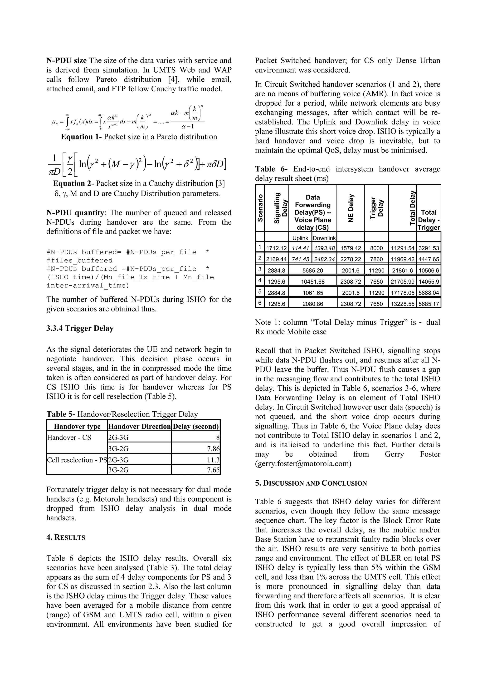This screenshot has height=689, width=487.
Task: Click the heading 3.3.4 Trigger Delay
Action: coord(80,328)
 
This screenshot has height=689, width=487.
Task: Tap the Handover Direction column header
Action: coord(139,426)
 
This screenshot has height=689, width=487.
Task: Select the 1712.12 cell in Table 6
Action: coord(277,248)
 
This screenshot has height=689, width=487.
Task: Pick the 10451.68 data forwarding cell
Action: coord(312,281)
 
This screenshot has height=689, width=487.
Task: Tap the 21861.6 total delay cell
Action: coord(402,270)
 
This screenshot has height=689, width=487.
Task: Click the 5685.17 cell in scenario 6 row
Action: coord(429,304)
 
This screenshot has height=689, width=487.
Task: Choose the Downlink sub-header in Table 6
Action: coord(324,238)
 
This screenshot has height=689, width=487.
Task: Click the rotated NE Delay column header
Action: coord(350,208)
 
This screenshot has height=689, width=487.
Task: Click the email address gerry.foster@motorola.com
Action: coord(303,464)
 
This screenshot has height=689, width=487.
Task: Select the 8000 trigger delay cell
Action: coord(376,248)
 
